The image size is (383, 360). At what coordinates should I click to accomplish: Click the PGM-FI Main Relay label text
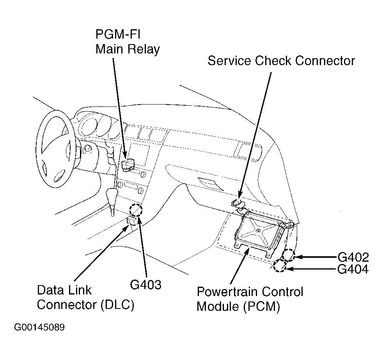click(x=128, y=42)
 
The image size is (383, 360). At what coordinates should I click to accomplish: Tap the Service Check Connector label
click(x=281, y=61)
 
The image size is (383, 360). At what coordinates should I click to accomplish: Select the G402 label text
click(x=353, y=257)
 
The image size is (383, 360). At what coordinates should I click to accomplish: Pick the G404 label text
click(x=353, y=269)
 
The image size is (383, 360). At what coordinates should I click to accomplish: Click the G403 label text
click(x=145, y=285)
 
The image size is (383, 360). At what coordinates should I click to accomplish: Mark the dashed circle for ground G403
click(x=136, y=210)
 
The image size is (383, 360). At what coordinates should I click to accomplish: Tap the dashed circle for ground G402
click(x=288, y=255)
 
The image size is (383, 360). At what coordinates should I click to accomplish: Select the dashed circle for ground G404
click(x=280, y=266)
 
